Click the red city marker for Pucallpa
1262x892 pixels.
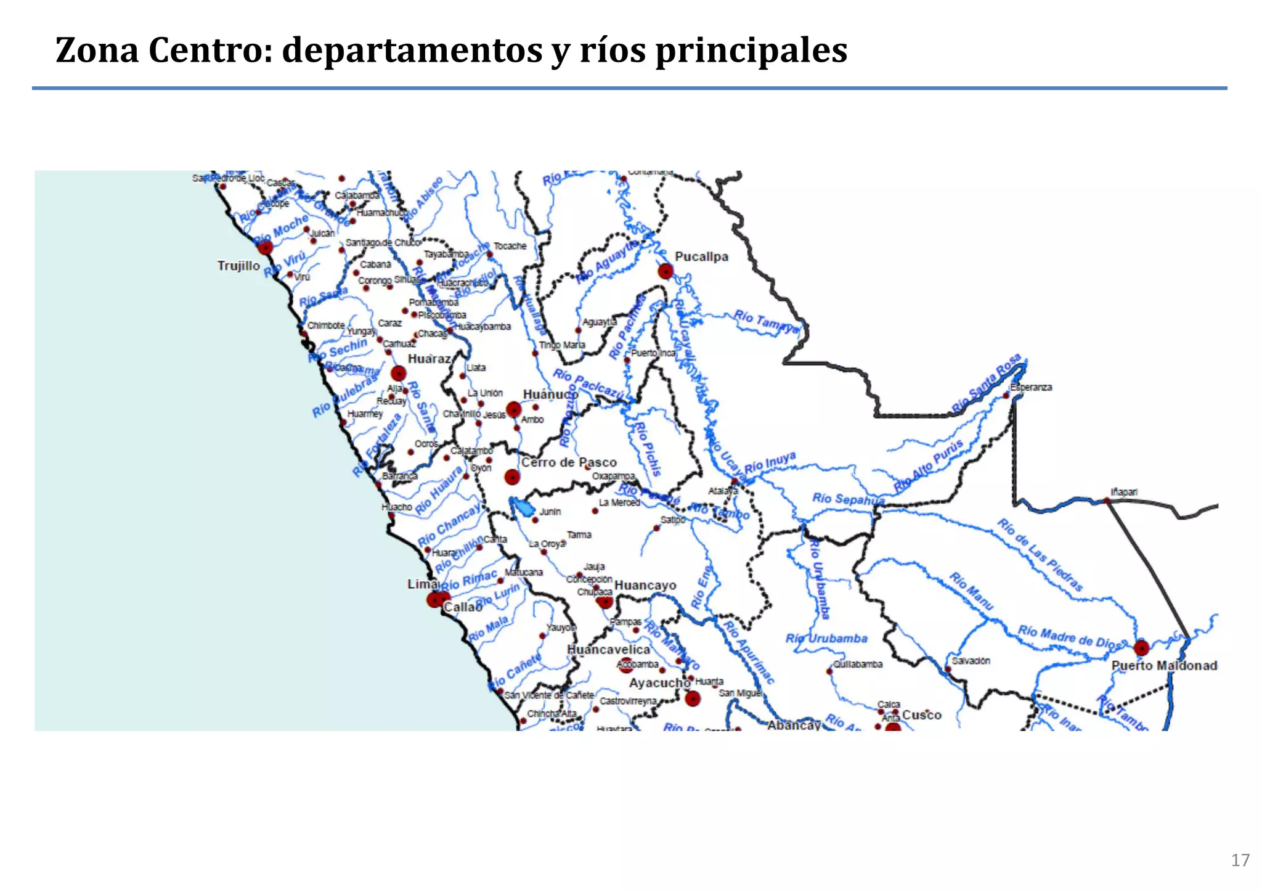tap(666, 271)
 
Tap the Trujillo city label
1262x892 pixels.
tap(238, 266)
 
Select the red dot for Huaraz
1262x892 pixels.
tap(399, 373)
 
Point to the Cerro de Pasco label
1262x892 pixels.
tap(569, 462)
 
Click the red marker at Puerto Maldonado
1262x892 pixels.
tap(1141, 648)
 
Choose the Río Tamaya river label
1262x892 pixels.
tap(766, 321)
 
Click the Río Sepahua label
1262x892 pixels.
tap(848, 499)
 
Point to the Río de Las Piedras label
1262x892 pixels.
tap(1040, 555)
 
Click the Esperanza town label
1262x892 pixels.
tap(1031, 387)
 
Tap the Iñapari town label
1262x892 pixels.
tap(1124, 492)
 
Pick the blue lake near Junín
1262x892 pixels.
tap(524, 509)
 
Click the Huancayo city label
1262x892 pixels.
tap(645, 585)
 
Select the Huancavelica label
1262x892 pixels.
tap(608, 650)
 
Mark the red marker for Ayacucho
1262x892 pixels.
tap(693, 698)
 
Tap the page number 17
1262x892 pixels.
tap(1240, 860)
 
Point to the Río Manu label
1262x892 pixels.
tap(971, 591)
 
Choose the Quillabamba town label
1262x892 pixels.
tap(858, 664)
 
